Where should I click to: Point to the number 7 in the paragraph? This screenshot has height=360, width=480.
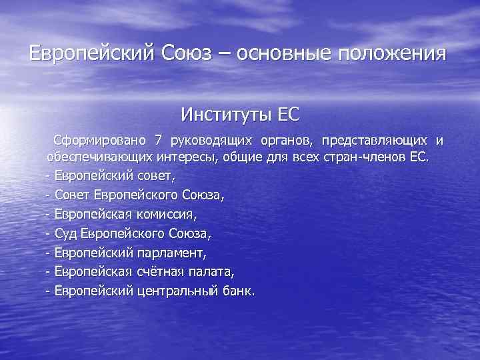point(158,141)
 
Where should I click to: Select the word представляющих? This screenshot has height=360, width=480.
point(375,141)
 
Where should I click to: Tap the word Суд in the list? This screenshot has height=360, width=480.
point(67,234)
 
